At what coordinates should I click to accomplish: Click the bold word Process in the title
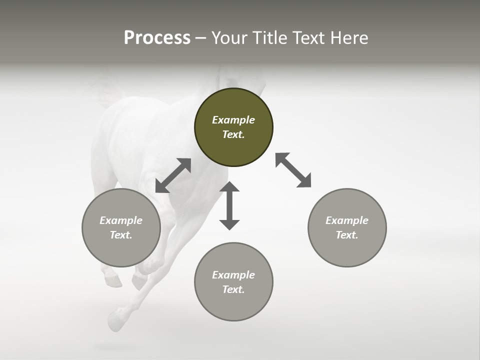157,38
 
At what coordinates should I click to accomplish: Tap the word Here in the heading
349,38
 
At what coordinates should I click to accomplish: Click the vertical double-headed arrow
229,205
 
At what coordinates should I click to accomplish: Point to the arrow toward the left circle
173,175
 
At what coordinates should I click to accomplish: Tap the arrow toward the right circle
293,170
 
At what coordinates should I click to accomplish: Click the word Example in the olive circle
233,120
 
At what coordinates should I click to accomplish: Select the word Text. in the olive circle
233,134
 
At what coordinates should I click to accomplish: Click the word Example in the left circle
121,220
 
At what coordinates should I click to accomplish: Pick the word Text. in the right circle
347,235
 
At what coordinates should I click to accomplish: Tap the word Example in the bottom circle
233,275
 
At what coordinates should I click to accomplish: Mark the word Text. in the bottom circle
233,289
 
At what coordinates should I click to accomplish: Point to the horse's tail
102,90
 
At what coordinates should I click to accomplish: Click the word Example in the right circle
347,220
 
